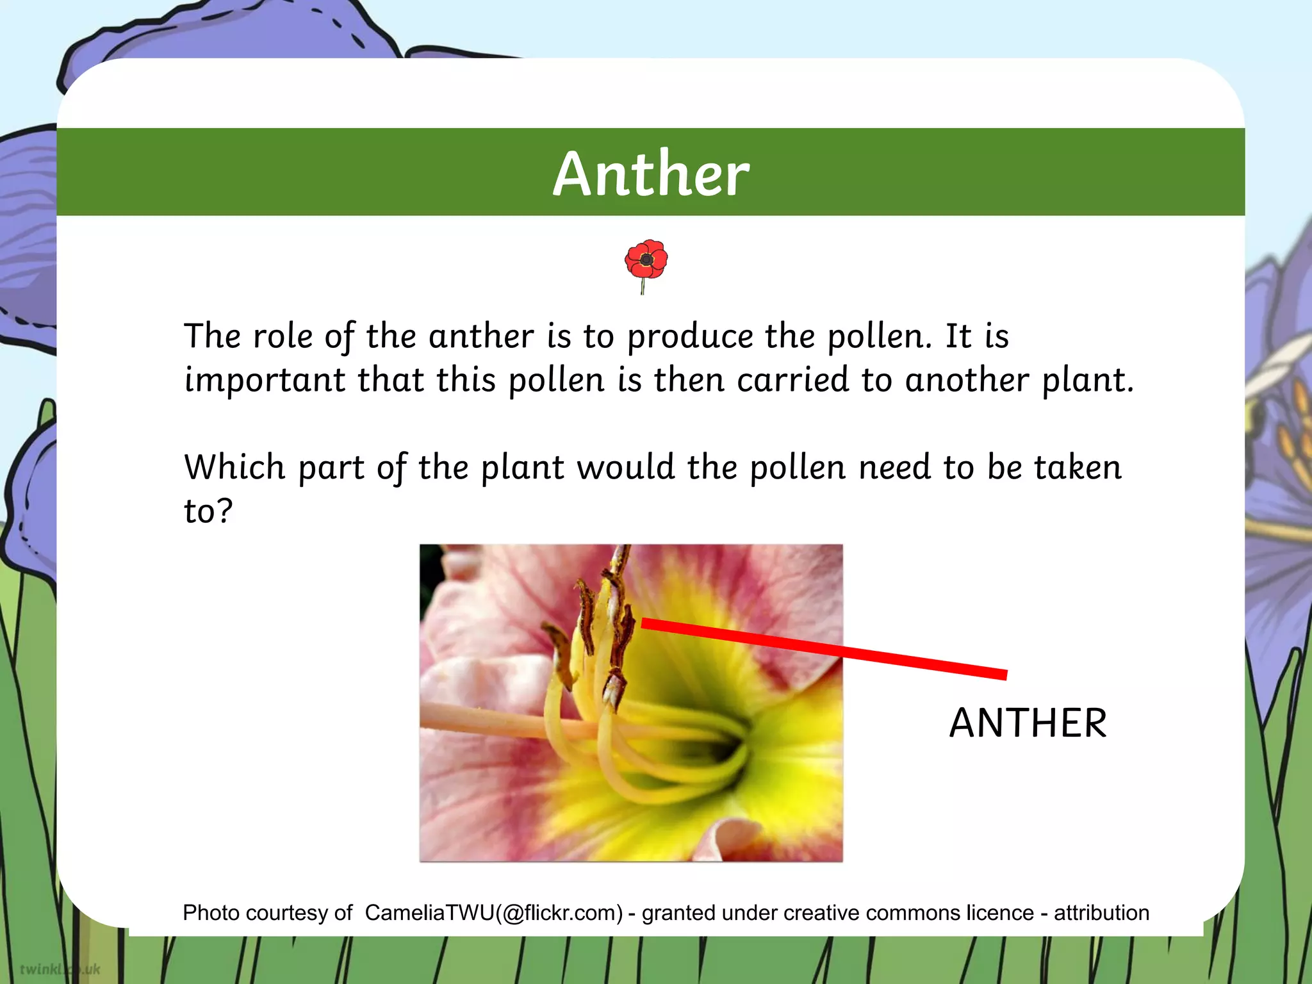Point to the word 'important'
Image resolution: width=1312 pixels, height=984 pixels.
265,381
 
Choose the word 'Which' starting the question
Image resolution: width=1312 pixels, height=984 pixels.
234,466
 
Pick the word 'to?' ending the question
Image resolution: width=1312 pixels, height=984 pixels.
208,511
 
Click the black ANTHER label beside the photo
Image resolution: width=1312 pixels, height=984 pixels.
1028,723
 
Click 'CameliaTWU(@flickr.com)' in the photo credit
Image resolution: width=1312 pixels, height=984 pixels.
493,913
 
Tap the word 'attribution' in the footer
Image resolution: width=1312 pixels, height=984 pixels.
1101,913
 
